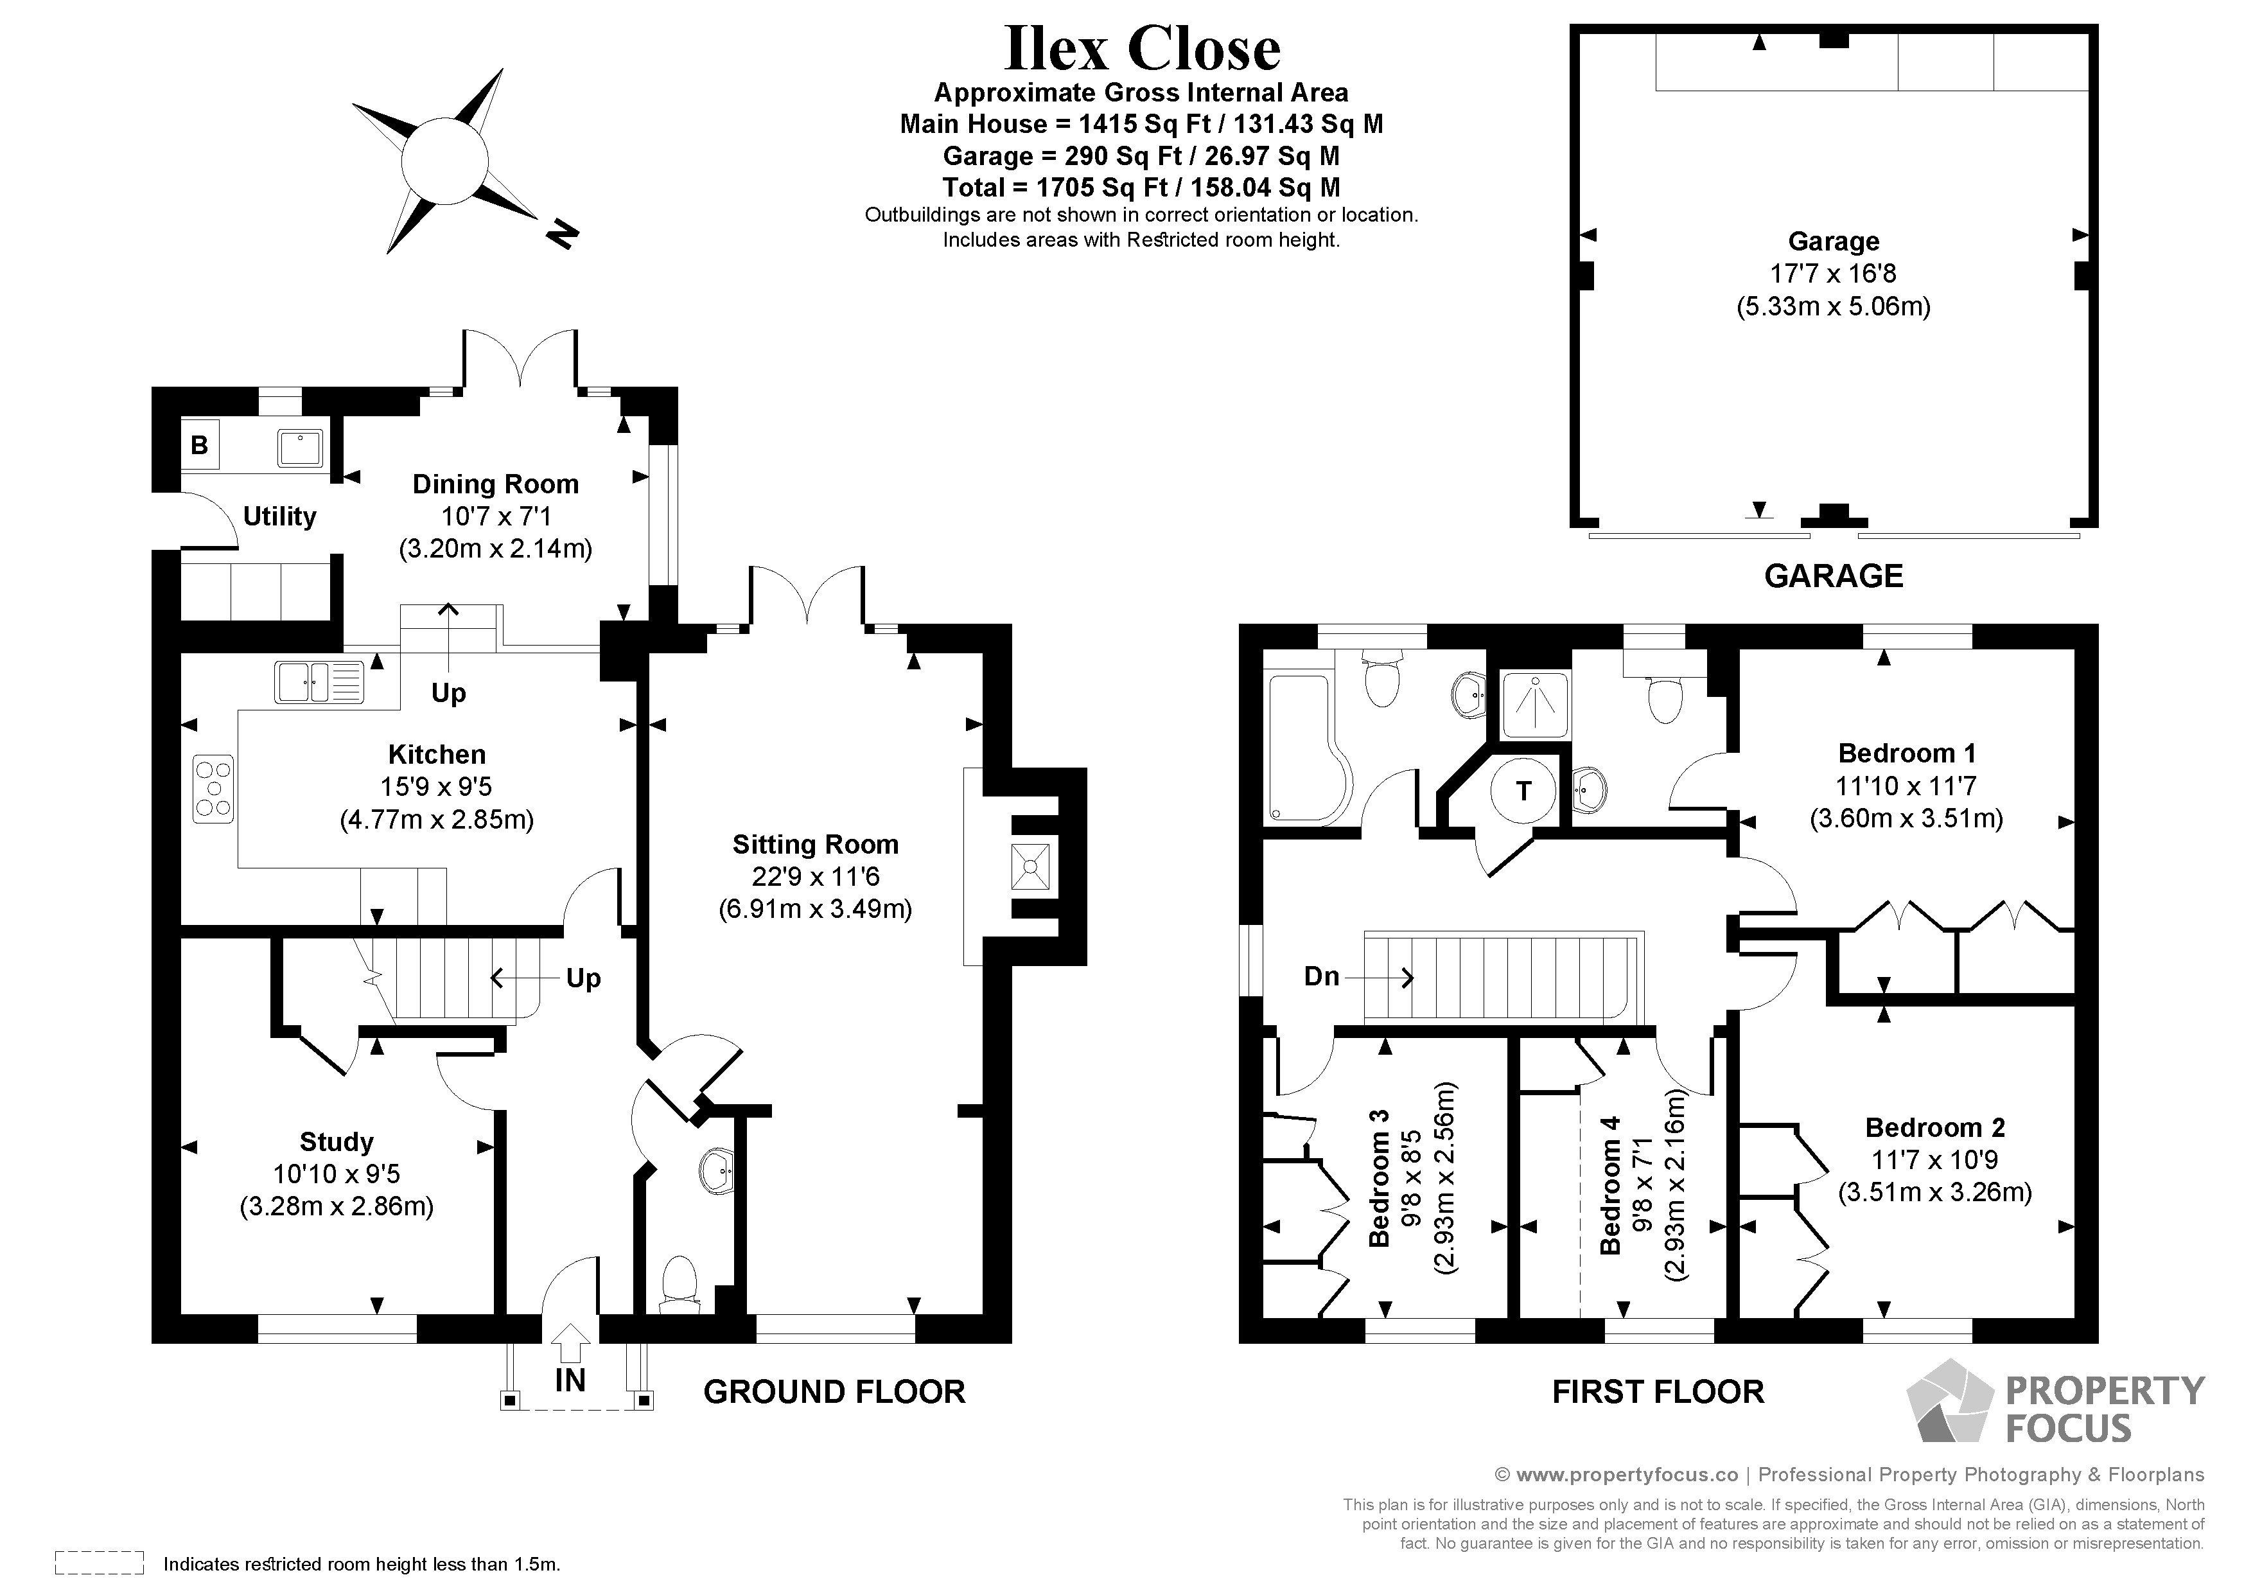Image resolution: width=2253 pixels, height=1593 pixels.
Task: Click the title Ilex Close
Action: [x=1142, y=49]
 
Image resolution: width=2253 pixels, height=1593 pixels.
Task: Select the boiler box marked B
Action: [x=199, y=444]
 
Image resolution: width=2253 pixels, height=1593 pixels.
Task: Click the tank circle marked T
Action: [x=1523, y=790]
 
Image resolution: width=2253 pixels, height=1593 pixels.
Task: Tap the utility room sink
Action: [x=301, y=448]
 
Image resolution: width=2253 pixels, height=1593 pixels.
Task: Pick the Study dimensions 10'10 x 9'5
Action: [x=337, y=1174]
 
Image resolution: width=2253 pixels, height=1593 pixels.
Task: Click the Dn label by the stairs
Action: [x=1321, y=976]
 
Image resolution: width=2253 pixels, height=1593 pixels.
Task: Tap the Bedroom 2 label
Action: [x=1934, y=1128]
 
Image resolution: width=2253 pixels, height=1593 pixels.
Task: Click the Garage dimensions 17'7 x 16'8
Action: [x=1832, y=274]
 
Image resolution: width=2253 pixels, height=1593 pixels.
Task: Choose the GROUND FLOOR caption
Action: [x=834, y=1392]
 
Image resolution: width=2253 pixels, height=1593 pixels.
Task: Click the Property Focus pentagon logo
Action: [x=1949, y=1403]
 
